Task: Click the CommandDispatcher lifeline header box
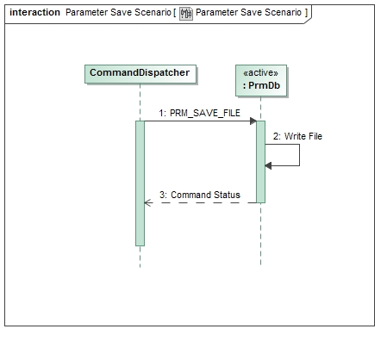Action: pos(140,73)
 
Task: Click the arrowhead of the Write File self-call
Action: pos(269,165)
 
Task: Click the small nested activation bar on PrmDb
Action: pos(265,155)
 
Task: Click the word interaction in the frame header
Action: pos(34,13)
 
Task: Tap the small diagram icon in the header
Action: pos(185,13)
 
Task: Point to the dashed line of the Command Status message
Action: pos(203,203)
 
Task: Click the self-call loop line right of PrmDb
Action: pos(299,155)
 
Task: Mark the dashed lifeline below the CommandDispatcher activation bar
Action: pos(140,257)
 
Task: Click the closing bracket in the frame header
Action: pos(305,13)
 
